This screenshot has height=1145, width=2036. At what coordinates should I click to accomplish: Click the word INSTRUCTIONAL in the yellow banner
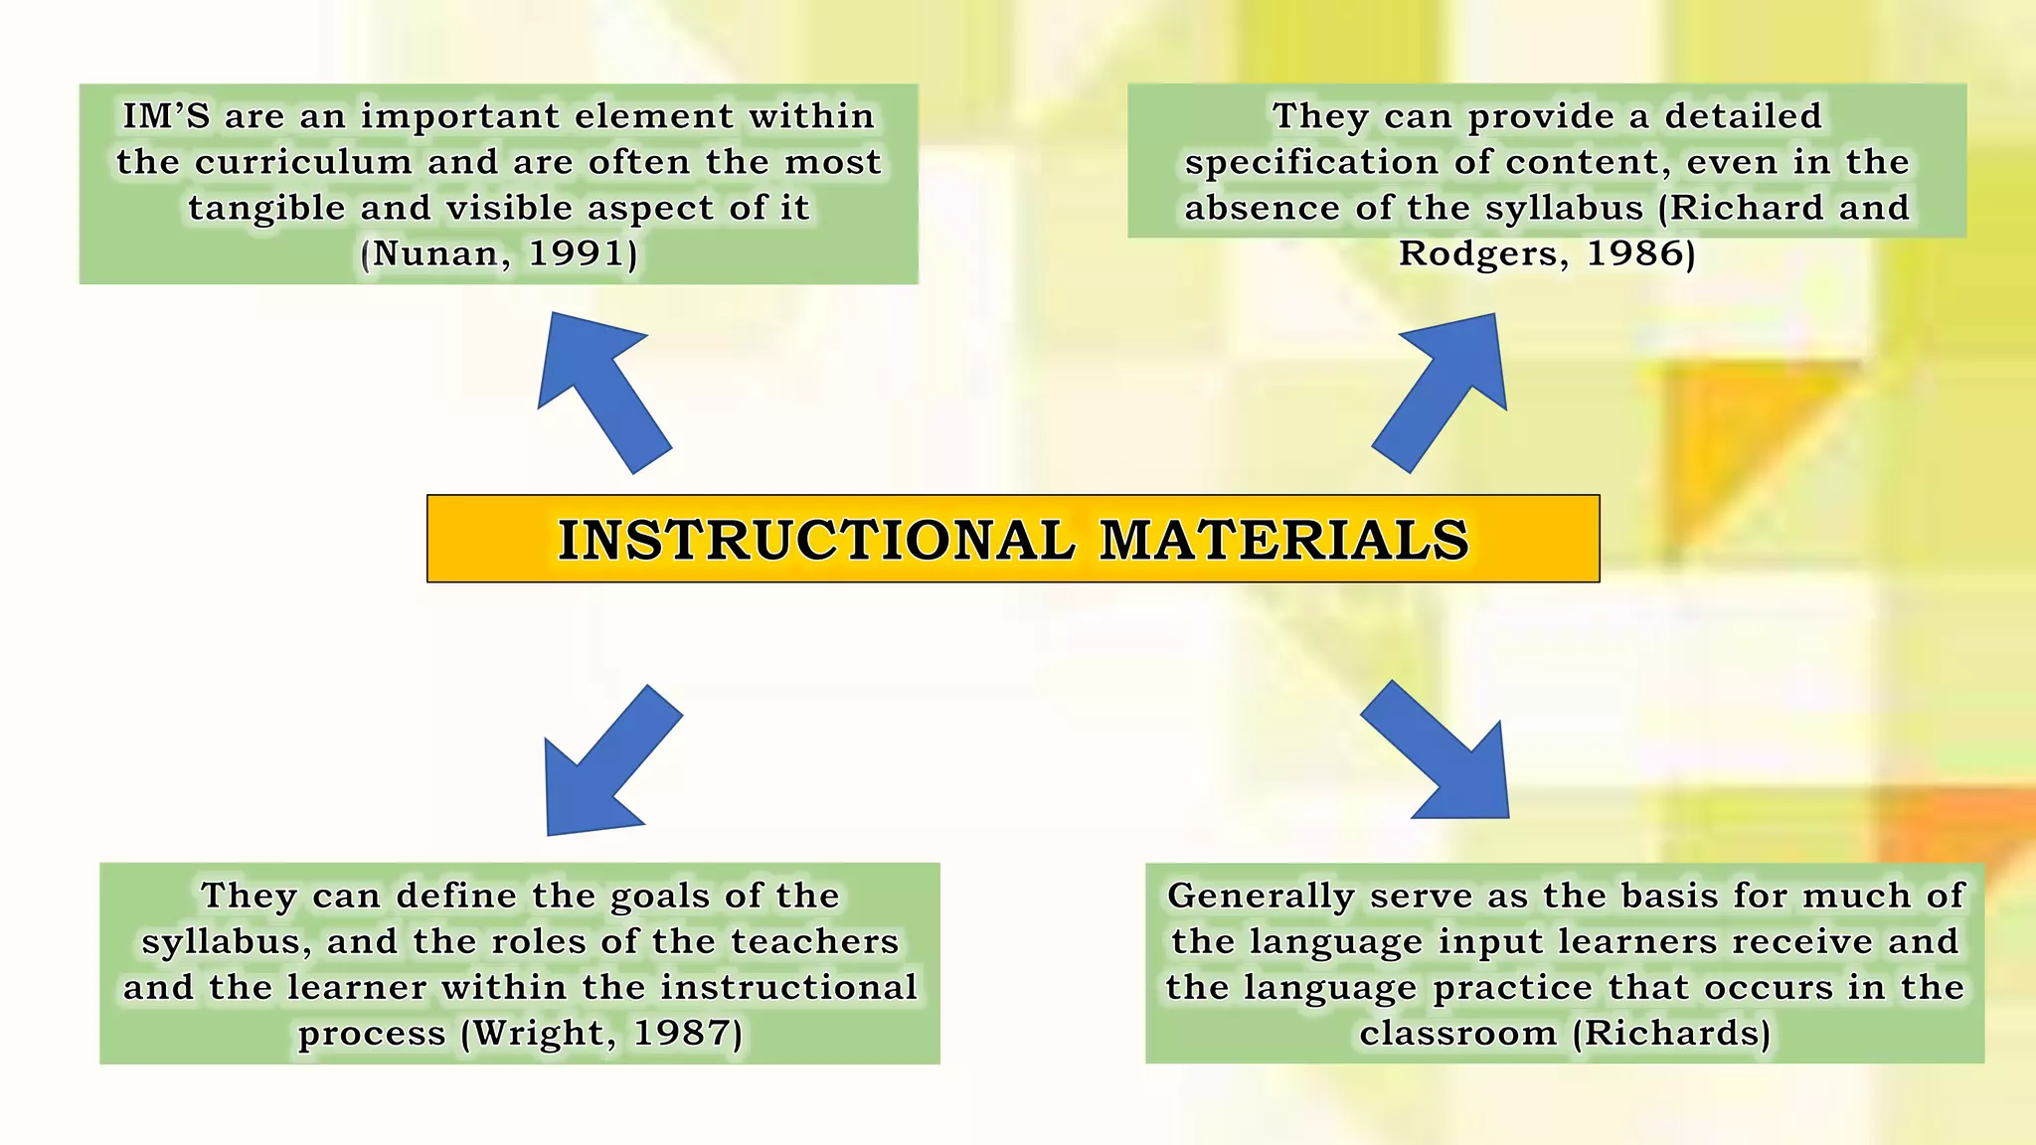click(x=815, y=540)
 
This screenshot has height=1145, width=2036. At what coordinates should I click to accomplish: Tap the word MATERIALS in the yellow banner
click(x=1283, y=540)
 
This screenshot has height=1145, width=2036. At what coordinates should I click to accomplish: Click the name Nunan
click(x=435, y=253)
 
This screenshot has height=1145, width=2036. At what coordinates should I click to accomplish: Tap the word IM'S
click(x=166, y=116)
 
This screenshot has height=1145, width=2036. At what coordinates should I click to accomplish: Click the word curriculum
click(x=303, y=162)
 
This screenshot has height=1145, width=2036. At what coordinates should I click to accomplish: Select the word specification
click(x=1309, y=163)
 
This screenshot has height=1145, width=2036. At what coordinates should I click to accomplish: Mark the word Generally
click(x=1260, y=897)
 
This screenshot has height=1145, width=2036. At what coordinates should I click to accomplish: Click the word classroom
click(x=1457, y=1033)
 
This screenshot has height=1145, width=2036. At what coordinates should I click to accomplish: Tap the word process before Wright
click(x=372, y=1035)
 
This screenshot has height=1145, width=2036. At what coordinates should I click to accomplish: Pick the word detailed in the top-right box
click(x=1743, y=116)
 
